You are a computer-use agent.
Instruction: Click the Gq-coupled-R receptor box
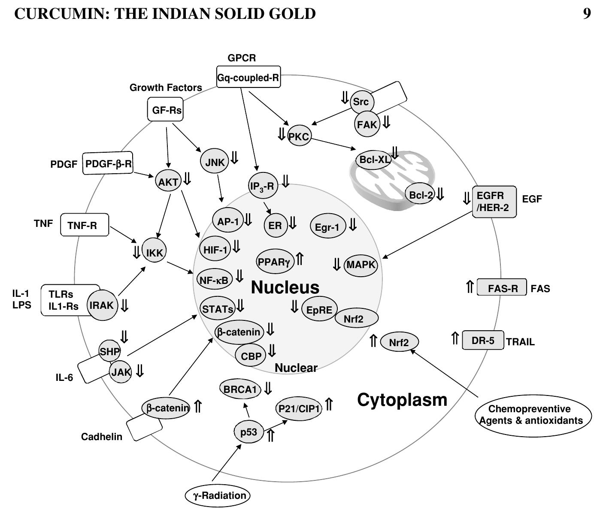[248, 77]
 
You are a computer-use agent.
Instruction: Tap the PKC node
[299, 136]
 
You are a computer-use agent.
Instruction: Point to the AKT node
[168, 182]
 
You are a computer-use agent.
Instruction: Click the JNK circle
[215, 162]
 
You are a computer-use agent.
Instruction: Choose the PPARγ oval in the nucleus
[275, 261]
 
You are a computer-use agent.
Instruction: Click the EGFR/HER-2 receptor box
[494, 202]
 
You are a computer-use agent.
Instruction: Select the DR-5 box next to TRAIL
[483, 341]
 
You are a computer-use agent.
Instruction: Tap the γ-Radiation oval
[217, 496]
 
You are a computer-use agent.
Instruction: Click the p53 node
[248, 432]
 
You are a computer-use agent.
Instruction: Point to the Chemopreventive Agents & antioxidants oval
[533, 415]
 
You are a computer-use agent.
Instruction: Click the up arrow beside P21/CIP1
[329, 404]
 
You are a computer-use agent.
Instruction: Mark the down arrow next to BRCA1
[268, 388]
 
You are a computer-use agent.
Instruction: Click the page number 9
[587, 14]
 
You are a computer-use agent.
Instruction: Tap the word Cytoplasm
[402, 399]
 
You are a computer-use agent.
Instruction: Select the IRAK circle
[102, 305]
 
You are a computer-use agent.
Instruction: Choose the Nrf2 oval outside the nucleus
[399, 342]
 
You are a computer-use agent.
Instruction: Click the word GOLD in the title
[292, 14]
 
